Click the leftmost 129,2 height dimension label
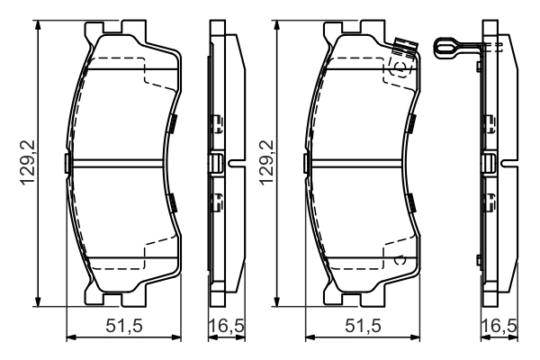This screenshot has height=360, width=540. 28,163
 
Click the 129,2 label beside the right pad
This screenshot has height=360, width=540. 265,163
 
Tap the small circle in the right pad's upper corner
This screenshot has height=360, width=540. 400,67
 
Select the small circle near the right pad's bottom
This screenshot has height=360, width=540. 401,260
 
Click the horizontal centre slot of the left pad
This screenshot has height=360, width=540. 122,163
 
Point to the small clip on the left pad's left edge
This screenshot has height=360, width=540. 67,163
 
